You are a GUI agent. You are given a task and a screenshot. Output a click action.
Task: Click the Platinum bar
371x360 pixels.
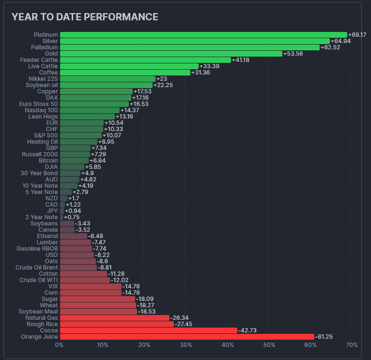tap(203, 35)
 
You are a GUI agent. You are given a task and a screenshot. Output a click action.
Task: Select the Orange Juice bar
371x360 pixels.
tap(186, 337)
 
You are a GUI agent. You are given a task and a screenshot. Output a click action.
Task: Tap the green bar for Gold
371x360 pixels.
tap(170, 54)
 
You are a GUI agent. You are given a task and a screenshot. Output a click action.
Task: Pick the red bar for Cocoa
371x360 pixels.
tap(148, 330)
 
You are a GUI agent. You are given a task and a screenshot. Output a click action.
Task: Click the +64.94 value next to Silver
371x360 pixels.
tap(340, 41)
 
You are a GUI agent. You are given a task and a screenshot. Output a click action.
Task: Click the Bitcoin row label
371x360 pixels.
tap(48, 161)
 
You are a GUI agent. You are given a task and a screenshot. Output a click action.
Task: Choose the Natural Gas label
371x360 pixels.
tap(42, 318)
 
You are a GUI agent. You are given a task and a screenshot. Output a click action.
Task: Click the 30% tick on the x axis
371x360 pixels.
tap(185, 345)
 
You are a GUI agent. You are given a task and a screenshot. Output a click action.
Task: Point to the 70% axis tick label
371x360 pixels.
tap(352, 345)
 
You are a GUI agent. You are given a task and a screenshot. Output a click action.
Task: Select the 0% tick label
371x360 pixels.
tap(59, 345)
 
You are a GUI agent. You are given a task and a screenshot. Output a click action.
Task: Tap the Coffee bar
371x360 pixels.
tap(124, 73)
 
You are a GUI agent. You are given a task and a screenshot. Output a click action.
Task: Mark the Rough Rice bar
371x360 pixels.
tap(116, 324)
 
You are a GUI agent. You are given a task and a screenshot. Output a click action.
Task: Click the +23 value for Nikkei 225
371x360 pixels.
tap(161, 79)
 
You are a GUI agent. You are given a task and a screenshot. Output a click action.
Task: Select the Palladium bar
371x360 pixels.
tap(189, 47)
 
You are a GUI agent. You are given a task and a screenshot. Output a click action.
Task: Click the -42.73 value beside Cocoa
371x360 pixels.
tap(247, 330)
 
